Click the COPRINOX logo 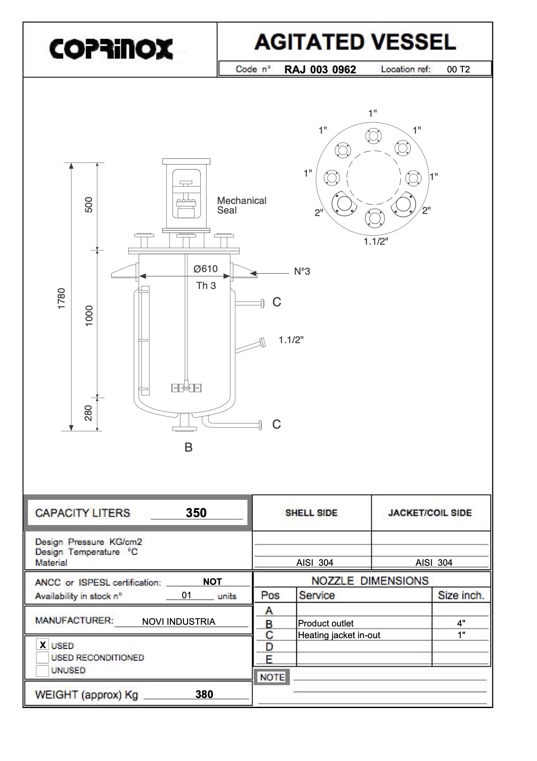[111, 49]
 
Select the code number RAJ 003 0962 [320, 69]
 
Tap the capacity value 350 [196, 513]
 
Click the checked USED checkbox [42, 645]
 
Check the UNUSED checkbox [42, 670]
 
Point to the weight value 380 [204, 694]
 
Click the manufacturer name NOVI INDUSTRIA [179, 621]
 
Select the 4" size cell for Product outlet [461, 623]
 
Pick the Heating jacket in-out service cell [339, 635]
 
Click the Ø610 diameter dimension [205, 269]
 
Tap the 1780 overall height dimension [62, 298]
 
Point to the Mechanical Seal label [241, 205]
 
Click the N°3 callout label [302, 272]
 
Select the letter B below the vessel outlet [189, 447]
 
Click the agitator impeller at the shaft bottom [187, 387]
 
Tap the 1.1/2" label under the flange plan [376, 242]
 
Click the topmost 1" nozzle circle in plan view [373, 136]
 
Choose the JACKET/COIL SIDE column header [430, 513]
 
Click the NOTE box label [272, 677]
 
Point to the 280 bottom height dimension [88, 413]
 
